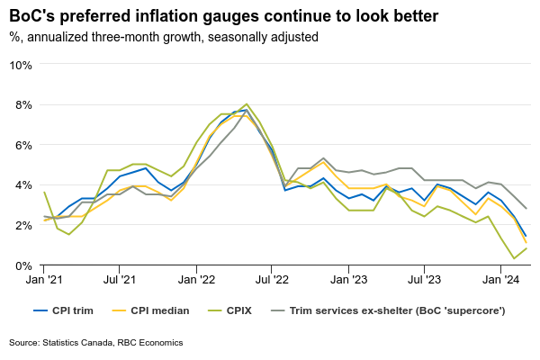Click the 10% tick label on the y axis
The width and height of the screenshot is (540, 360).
click(21, 65)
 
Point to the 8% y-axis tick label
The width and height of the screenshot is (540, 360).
click(23, 104)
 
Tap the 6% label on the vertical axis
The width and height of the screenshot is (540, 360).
click(23, 145)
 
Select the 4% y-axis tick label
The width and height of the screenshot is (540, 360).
click(23, 185)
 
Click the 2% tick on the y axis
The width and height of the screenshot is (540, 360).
click(23, 225)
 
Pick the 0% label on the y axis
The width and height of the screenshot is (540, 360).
click(23, 265)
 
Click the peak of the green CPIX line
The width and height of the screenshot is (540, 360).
click(247, 104)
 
